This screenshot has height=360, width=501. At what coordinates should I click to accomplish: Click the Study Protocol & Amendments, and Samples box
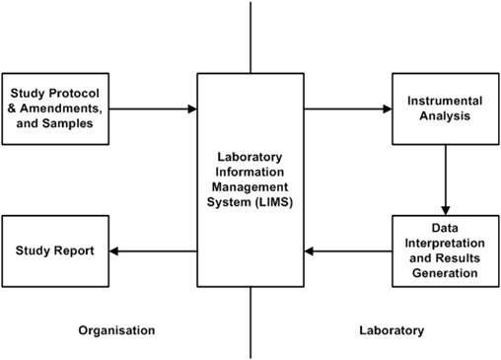tap(54, 108)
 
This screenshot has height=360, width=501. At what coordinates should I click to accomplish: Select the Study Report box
tap(54, 251)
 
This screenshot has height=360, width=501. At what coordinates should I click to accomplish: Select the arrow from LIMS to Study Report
tap(152, 251)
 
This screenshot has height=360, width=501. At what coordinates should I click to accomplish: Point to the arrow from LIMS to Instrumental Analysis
tap(348, 108)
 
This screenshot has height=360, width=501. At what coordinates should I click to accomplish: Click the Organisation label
tap(116, 330)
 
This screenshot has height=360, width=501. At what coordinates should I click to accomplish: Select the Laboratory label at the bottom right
tap(391, 330)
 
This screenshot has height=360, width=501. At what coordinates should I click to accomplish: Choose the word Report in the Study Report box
tap(74, 251)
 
